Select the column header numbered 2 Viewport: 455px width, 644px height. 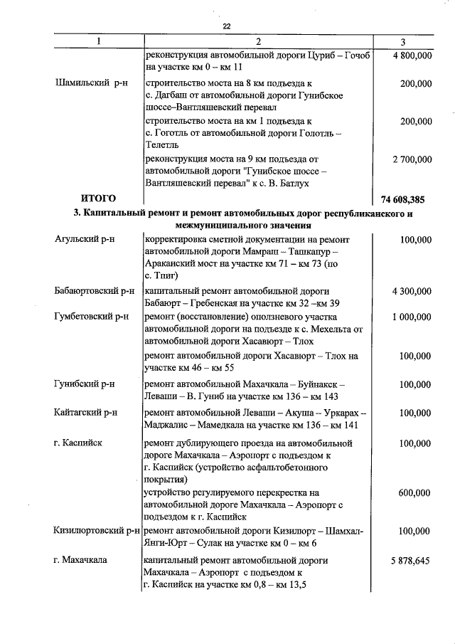(258, 41)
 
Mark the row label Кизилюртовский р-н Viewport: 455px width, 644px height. (95, 531)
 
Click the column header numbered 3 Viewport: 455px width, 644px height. (403, 41)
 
